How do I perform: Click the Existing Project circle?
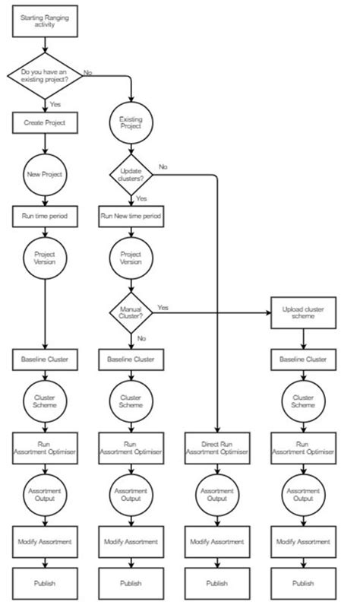(131, 123)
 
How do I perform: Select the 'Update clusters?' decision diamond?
(131, 173)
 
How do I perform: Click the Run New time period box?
(131, 215)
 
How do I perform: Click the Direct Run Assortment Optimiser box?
(217, 447)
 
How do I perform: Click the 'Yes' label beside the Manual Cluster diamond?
(163, 307)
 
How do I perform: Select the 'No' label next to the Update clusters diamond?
(163, 166)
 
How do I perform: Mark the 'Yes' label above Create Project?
(55, 103)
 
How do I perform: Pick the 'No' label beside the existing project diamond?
(87, 72)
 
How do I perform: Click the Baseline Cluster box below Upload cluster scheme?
(304, 359)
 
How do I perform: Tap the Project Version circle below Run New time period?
(131, 258)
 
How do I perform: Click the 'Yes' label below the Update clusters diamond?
(141, 198)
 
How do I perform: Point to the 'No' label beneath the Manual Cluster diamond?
(141, 337)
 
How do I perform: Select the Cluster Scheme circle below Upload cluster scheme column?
(304, 401)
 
